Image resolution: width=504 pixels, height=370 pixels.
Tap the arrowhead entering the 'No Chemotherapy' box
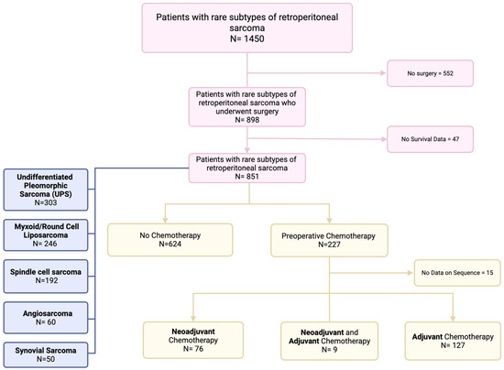click(165, 217)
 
